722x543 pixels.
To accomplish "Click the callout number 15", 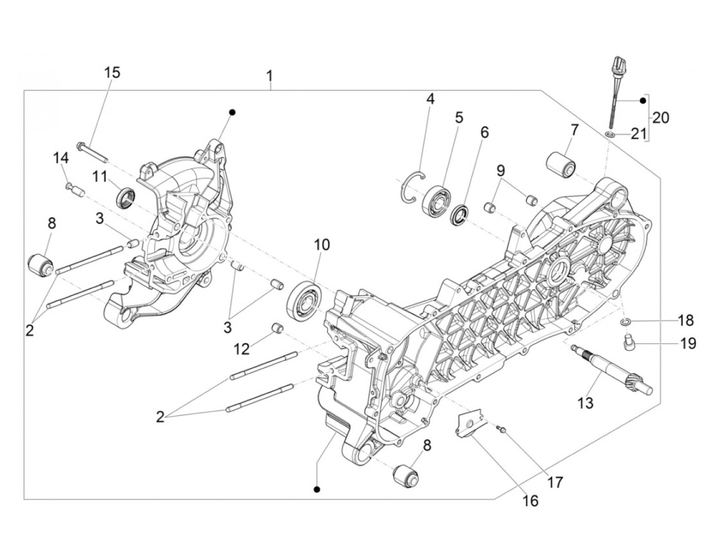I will [x=112, y=72].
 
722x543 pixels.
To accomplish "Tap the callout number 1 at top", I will [x=269, y=76].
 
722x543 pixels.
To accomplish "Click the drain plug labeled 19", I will [x=629, y=342].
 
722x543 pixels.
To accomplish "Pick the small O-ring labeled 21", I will [x=610, y=135].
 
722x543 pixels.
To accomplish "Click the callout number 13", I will [x=586, y=402].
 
